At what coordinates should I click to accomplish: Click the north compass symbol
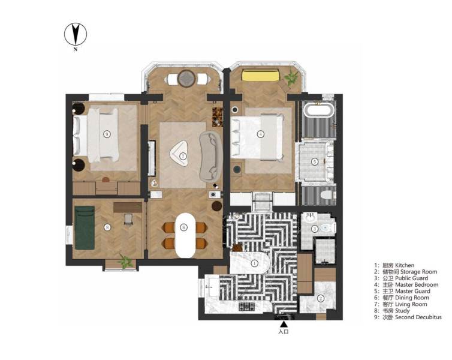(76, 34)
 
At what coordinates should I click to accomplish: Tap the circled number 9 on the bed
(107, 133)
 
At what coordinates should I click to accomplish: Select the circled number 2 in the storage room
(321, 299)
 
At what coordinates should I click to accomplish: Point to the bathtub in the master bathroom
(314, 112)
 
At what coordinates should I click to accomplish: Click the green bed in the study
(86, 226)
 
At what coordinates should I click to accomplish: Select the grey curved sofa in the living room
(210, 155)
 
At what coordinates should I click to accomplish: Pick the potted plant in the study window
(125, 261)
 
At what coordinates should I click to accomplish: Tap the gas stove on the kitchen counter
(247, 307)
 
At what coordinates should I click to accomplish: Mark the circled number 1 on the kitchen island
(254, 263)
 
